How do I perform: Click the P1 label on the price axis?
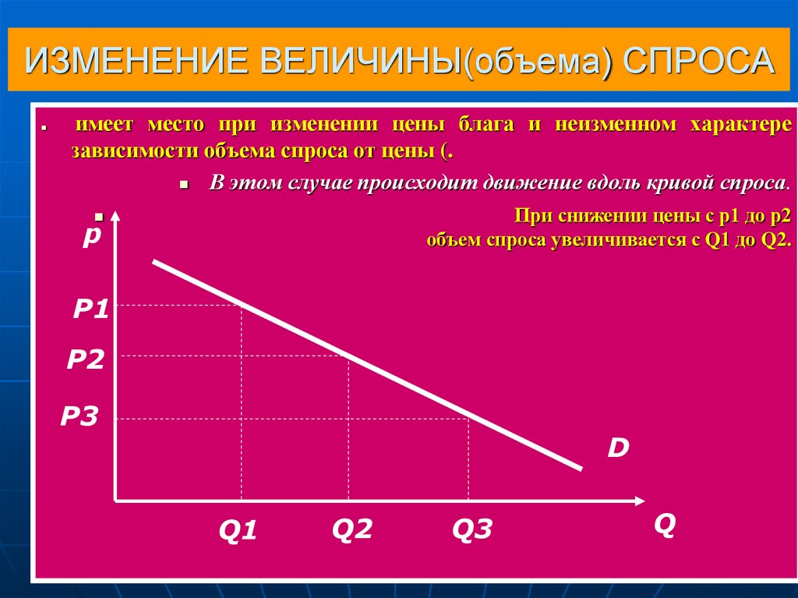(x=90, y=310)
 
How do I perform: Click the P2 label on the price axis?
(x=85, y=359)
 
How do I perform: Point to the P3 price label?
(x=79, y=417)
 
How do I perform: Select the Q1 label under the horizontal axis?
(x=238, y=531)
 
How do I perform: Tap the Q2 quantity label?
(x=352, y=529)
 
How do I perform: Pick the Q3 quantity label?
(x=472, y=530)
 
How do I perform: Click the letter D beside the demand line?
(x=618, y=448)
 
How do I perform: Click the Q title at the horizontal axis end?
(x=664, y=524)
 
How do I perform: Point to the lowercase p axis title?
(x=93, y=235)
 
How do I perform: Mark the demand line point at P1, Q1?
(x=242, y=305)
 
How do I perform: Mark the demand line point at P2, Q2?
(x=348, y=356)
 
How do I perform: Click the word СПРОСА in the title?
(x=701, y=62)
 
